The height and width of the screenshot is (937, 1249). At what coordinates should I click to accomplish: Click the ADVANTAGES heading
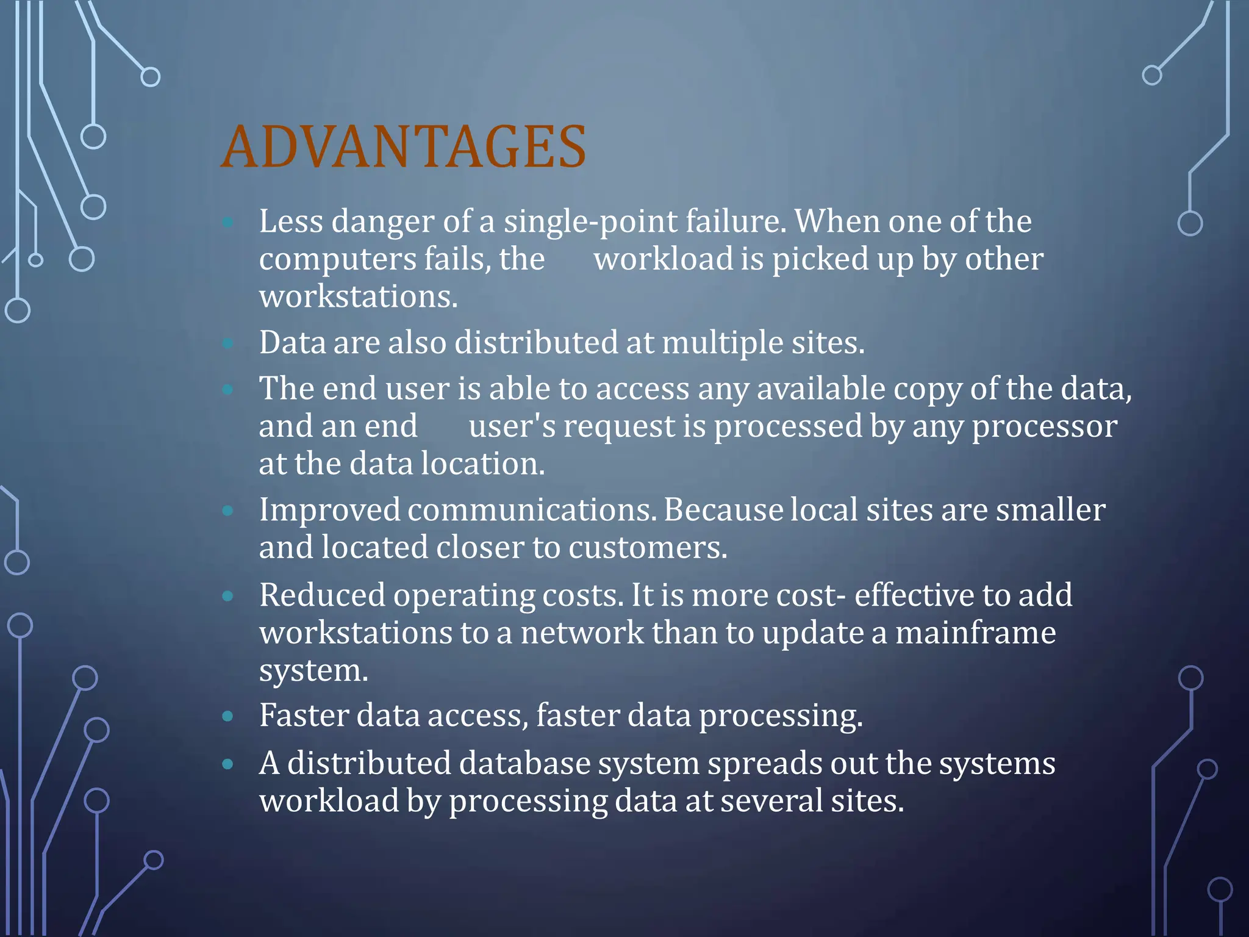click(403, 147)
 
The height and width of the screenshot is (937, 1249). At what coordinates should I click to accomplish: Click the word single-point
click(590, 221)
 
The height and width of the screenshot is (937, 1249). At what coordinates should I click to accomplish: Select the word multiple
click(723, 343)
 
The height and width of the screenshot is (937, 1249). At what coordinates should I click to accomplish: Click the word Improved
click(329, 510)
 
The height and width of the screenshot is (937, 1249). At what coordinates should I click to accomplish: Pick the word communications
click(532, 510)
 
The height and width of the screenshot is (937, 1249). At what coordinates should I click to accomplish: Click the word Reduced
click(322, 595)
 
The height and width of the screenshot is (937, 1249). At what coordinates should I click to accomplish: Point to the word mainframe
click(975, 633)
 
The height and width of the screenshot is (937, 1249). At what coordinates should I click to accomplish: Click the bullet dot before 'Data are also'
click(228, 343)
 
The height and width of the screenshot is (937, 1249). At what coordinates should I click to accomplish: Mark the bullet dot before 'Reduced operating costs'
click(228, 596)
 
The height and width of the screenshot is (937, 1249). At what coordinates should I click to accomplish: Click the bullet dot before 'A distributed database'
click(228, 764)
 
